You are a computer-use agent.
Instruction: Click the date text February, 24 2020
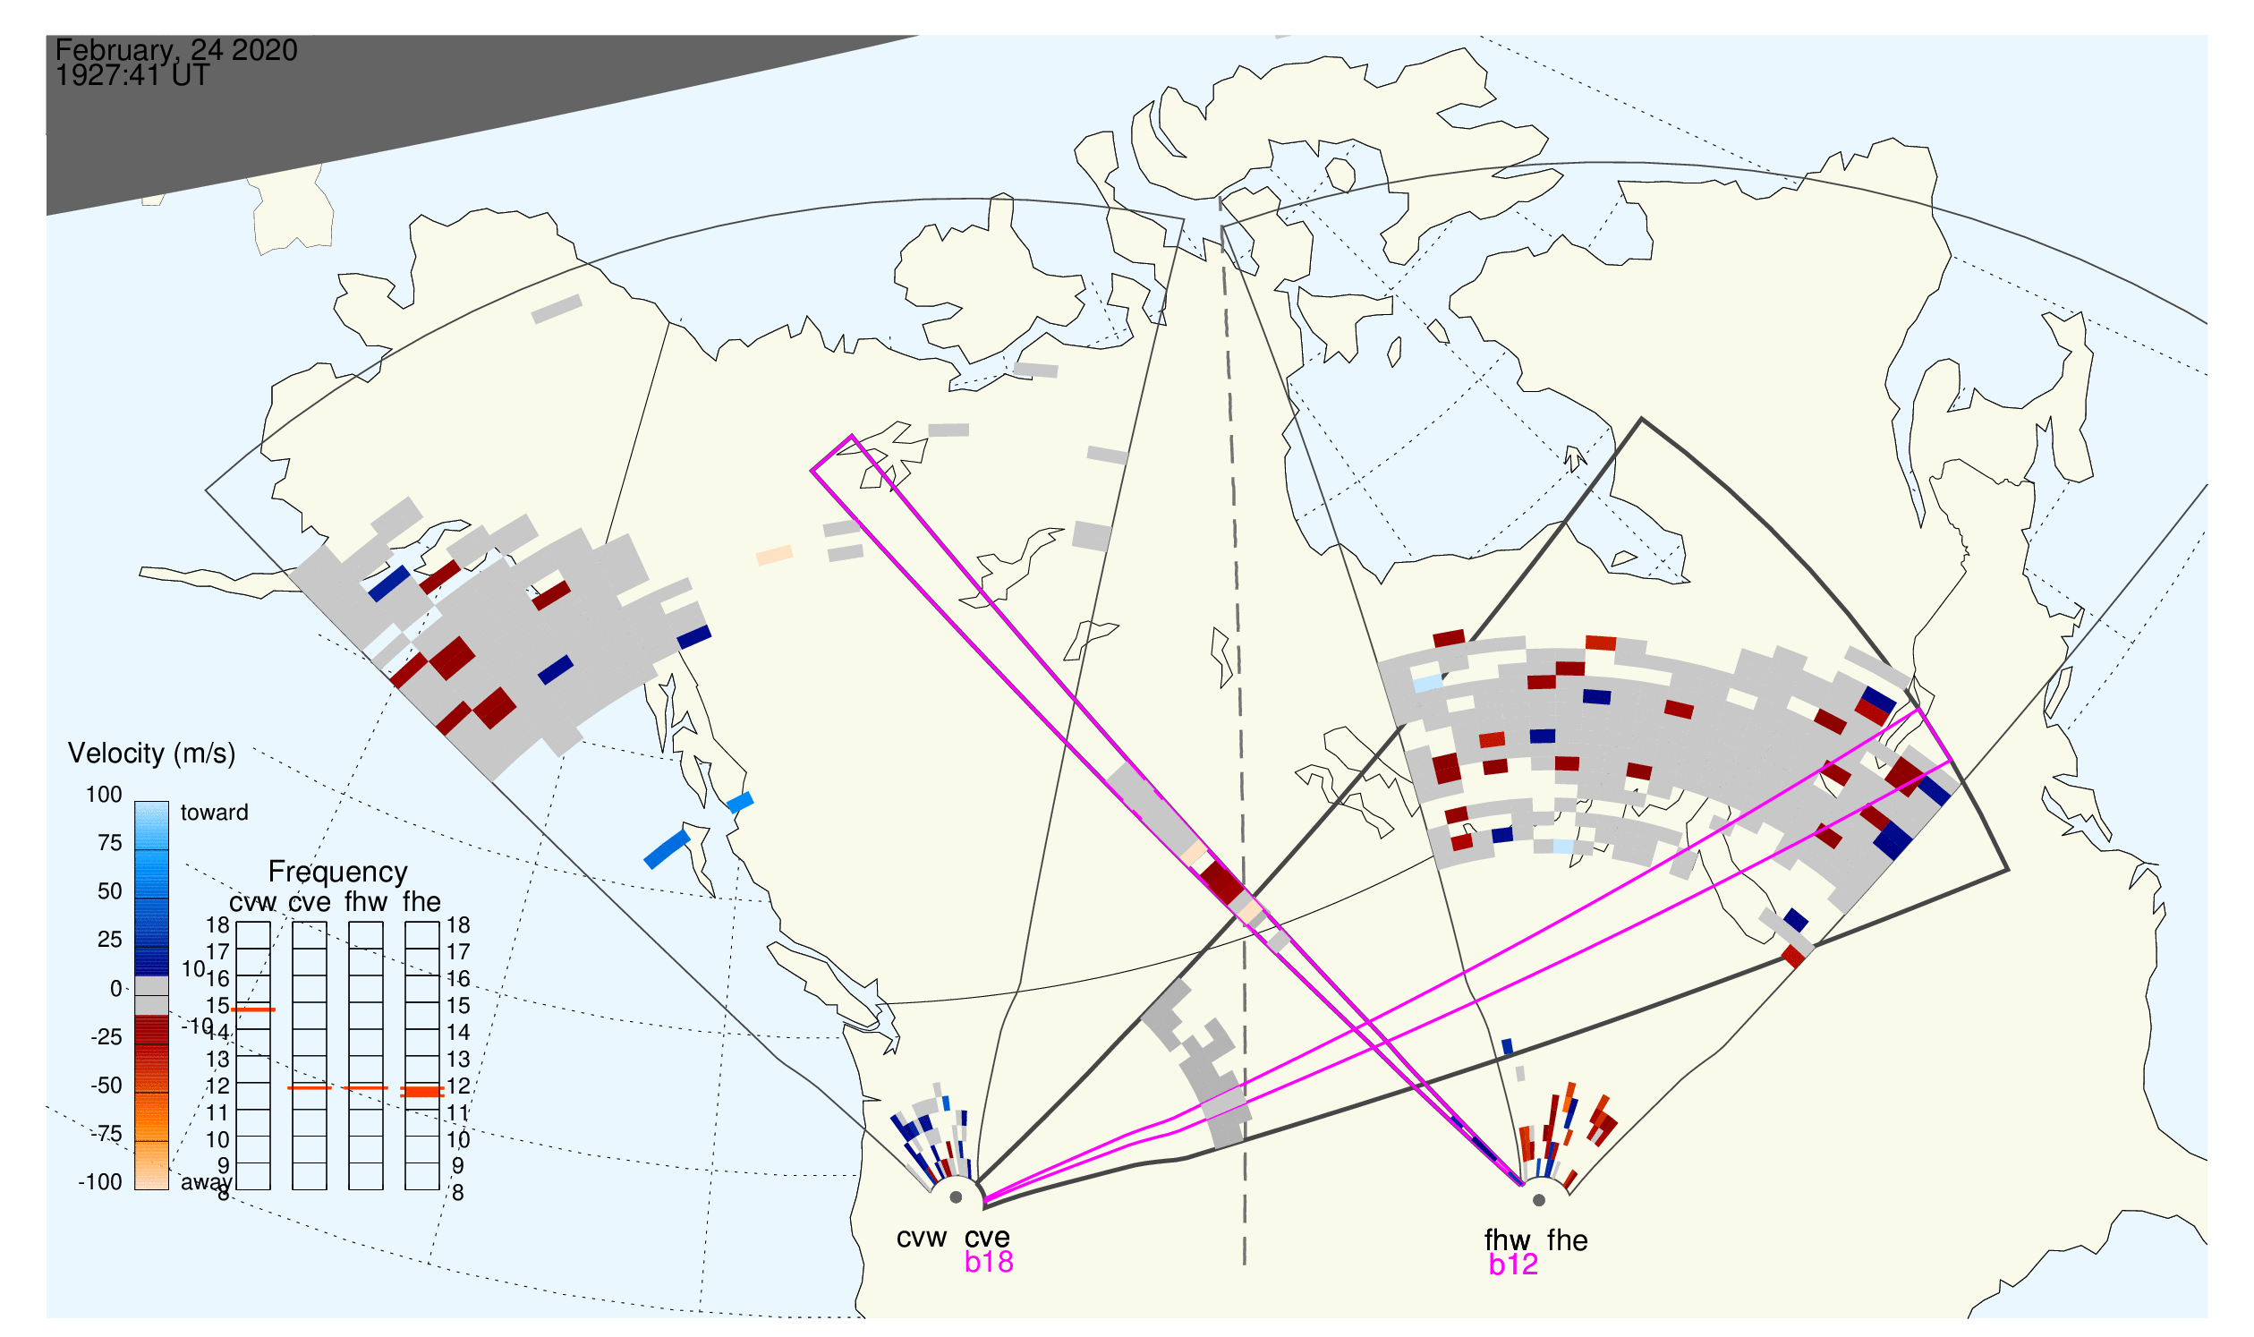coord(176,49)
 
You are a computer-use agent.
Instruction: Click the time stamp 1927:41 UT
coord(132,76)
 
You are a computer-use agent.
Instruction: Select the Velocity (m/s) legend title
coord(152,754)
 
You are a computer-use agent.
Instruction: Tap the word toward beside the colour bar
coord(215,813)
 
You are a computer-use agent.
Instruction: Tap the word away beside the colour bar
coord(207,1183)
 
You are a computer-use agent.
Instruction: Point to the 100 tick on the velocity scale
coord(104,796)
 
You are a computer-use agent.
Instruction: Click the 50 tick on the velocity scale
coord(110,892)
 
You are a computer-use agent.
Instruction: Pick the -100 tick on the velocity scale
coord(100,1183)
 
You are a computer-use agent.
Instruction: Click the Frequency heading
coord(338,873)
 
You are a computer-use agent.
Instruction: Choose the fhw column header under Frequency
coord(366,903)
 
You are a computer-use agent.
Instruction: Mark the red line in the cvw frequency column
coord(253,1011)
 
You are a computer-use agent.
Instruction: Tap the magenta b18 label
coord(989,1263)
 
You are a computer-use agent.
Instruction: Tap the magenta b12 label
coord(1513,1265)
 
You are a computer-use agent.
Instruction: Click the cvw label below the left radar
coord(922,1239)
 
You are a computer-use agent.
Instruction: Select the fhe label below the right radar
coord(1568,1241)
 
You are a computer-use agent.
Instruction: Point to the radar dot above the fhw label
coord(1540,1201)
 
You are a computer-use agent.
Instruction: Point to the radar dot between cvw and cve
coord(956,1198)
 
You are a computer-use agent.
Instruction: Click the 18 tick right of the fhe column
coord(458,926)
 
